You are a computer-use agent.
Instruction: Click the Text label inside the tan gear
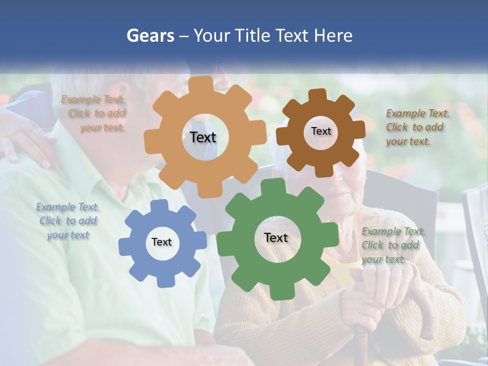click(x=203, y=137)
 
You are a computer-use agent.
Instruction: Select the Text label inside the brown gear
click(x=321, y=131)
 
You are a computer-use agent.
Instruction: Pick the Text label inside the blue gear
click(x=161, y=242)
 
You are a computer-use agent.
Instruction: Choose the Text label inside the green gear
click(x=276, y=237)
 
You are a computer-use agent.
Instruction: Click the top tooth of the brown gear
click(x=317, y=95)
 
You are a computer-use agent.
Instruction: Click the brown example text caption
click(x=415, y=127)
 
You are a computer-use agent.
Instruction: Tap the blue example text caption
click(x=68, y=221)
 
